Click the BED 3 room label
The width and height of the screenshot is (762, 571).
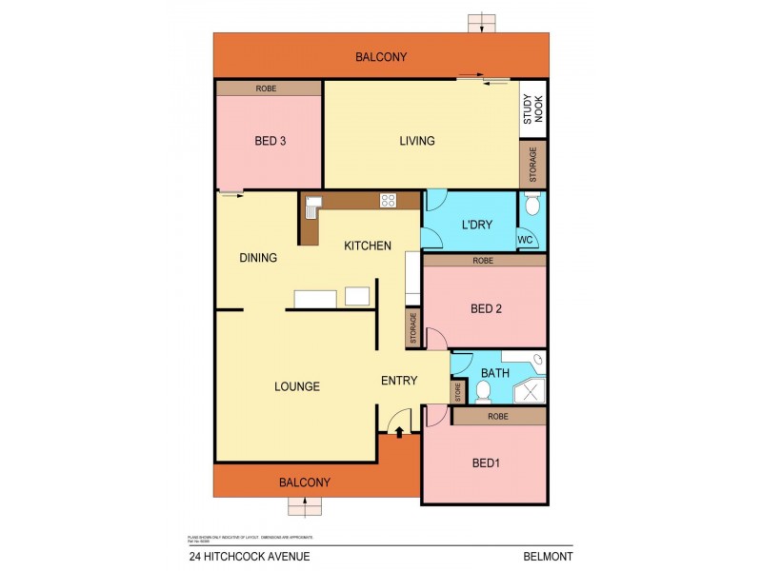(x=270, y=142)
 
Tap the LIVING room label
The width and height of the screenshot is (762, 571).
(x=416, y=141)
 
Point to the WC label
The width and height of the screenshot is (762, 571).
(x=525, y=241)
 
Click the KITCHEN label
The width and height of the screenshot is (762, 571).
(x=368, y=246)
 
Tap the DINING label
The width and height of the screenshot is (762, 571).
(x=258, y=258)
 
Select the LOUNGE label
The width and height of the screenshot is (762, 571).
(x=296, y=386)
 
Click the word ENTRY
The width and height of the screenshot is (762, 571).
(x=399, y=381)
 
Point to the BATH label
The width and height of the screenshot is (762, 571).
(x=495, y=372)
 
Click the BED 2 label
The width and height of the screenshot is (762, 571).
(x=486, y=308)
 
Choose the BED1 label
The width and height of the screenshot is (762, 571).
(x=486, y=463)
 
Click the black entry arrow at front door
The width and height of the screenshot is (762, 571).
(x=399, y=432)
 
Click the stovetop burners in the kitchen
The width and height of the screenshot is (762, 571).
(x=389, y=200)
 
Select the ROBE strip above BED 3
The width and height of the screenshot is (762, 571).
(x=268, y=89)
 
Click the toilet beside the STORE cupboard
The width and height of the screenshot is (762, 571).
(x=483, y=391)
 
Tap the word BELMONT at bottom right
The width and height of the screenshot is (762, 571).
(x=547, y=557)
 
